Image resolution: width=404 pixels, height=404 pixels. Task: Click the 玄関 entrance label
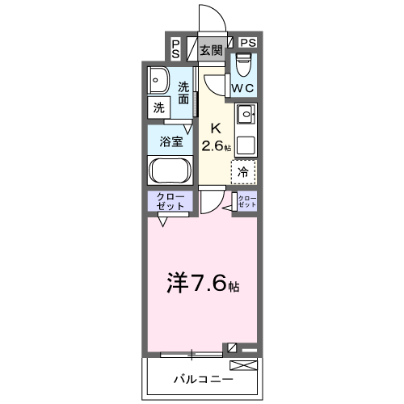pos(211,50)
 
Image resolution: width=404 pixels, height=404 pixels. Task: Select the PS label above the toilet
pos(247,43)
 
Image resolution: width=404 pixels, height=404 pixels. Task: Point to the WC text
pos(243,87)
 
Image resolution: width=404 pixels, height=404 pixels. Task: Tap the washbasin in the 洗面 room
pos(158,80)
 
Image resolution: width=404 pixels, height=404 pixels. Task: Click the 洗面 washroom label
pos(184,92)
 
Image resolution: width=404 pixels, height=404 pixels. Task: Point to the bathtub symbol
pos(170,171)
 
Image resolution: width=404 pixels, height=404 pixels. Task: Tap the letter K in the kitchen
pos(216,128)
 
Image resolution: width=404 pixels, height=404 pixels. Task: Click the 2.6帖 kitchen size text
pos(217,146)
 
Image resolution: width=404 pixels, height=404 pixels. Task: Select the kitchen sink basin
pos(245,114)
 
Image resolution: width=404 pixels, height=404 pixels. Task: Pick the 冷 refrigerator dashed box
pos(244,171)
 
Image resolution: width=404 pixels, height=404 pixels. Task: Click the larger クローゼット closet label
pos(170,202)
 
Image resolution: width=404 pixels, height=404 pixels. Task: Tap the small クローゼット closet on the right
pos(246,203)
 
